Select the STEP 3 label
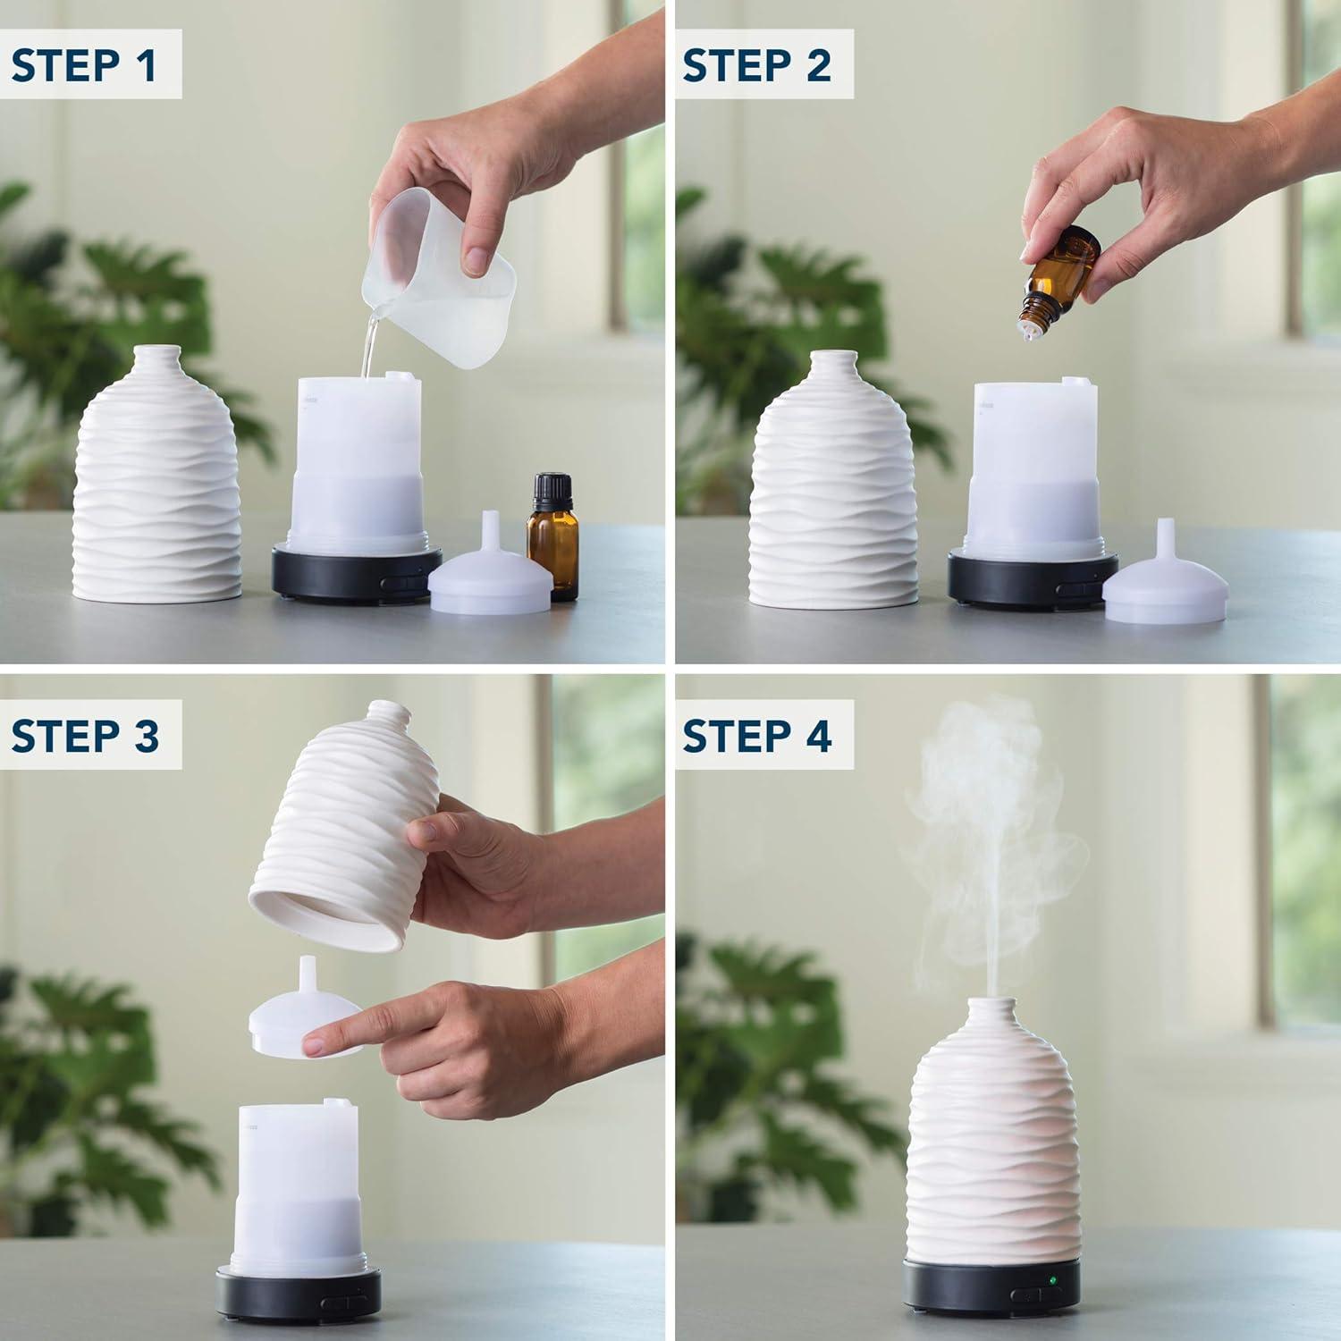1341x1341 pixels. [x=86, y=737]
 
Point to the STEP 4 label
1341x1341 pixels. [x=757, y=737]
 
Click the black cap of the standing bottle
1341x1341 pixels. [x=552, y=491]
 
